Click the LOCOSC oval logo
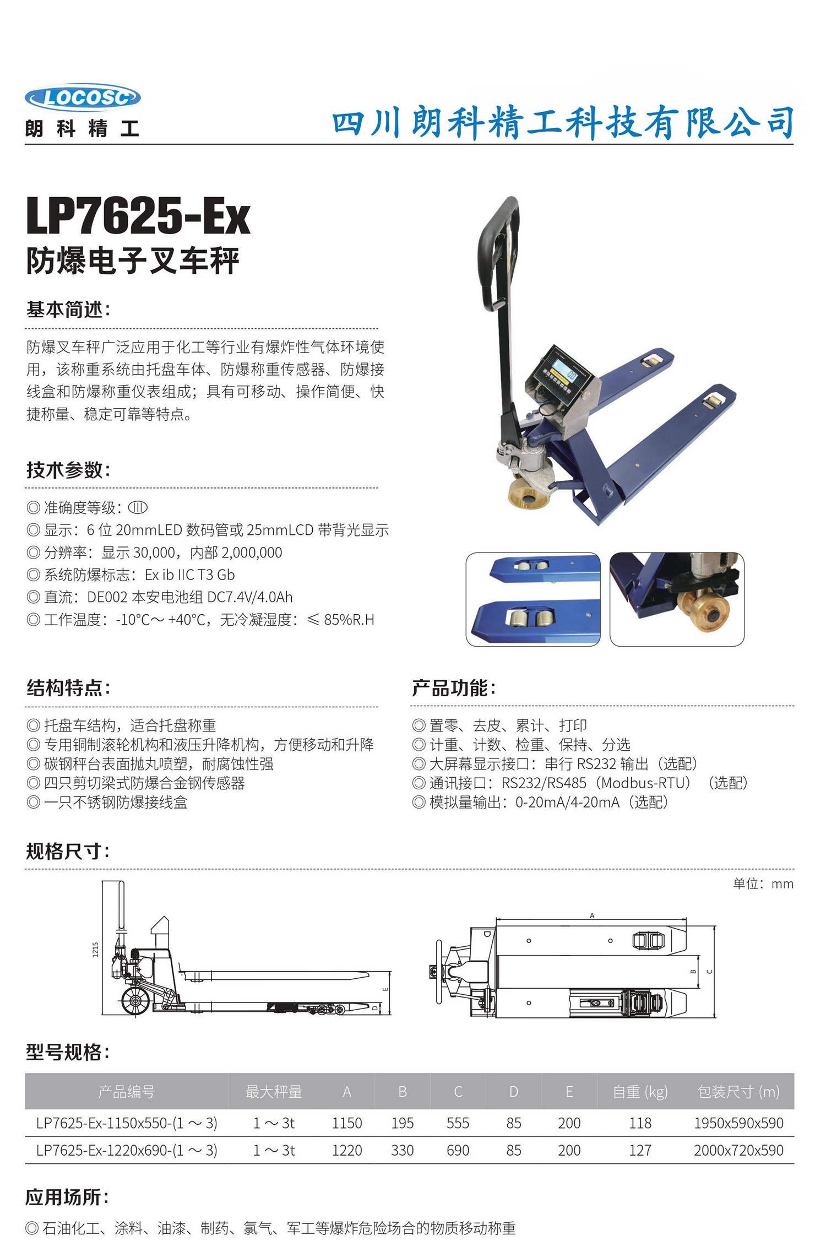pyautogui.click(x=83, y=98)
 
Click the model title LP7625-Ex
pyautogui.click(x=138, y=217)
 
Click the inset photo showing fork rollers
pyautogui.click(x=532, y=599)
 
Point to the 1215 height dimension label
pyautogui.click(x=95, y=950)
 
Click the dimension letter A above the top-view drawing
pyautogui.click(x=592, y=915)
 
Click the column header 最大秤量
pyautogui.click(x=274, y=1091)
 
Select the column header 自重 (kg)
pyautogui.click(x=640, y=1091)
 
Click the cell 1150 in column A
pyautogui.click(x=347, y=1123)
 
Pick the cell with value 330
pyautogui.click(x=402, y=1150)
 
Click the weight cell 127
pyautogui.click(x=640, y=1150)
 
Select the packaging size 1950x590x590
pyautogui.click(x=738, y=1123)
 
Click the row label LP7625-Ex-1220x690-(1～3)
pyautogui.click(x=127, y=1150)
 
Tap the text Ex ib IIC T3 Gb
pyautogui.click(x=189, y=575)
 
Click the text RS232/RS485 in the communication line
pyautogui.click(x=544, y=783)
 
